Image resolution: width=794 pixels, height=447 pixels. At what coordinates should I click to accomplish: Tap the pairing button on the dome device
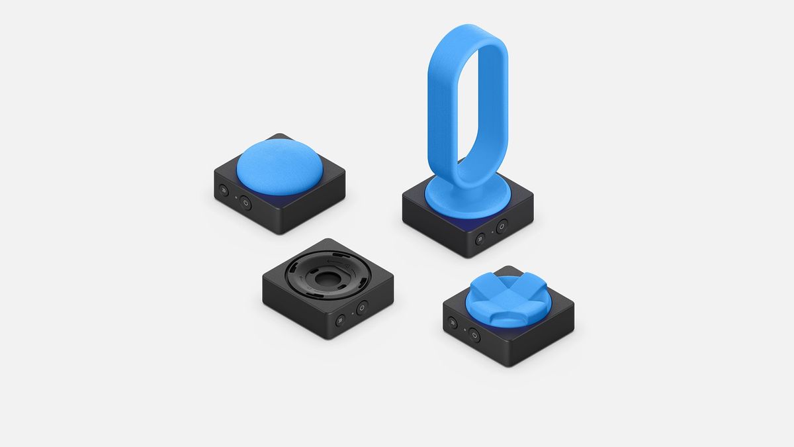(x=224, y=191)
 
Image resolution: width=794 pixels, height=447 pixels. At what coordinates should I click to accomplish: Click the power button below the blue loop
(x=502, y=226)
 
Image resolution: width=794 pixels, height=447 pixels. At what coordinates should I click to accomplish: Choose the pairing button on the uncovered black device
(x=340, y=321)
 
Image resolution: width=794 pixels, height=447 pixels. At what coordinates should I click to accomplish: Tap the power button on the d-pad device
(x=474, y=336)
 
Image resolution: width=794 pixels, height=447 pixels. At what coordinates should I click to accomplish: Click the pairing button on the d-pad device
(x=453, y=323)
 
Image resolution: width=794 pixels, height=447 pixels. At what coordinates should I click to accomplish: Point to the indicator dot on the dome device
(x=236, y=197)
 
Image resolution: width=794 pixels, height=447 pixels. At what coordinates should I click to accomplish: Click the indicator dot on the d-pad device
(x=464, y=329)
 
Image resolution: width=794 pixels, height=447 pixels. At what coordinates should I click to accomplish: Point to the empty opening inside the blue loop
(x=468, y=99)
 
